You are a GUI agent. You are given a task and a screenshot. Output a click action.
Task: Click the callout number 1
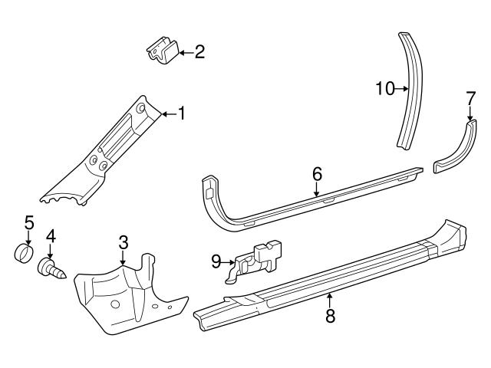pyautogui.click(x=182, y=114)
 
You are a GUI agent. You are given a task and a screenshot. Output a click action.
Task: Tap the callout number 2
pyautogui.click(x=199, y=52)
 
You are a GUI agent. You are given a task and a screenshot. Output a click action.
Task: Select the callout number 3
pyautogui.click(x=124, y=242)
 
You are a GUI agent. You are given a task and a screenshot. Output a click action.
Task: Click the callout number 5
pyautogui.click(x=29, y=223)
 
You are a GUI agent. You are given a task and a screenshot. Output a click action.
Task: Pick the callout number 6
pyautogui.click(x=317, y=175)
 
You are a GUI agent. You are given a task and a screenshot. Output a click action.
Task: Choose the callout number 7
pyautogui.click(x=470, y=97)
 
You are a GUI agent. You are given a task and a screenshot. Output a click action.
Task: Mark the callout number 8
pyautogui.click(x=331, y=315)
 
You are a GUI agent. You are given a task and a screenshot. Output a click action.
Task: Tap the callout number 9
pyautogui.click(x=216, y=261)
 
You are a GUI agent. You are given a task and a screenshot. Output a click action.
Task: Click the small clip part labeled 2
pyautogui.click(x=163, y=52)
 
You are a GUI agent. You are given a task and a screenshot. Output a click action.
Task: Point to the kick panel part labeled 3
pyautogui.click(x=127, y=295)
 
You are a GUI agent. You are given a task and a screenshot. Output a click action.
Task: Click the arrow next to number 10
pyautogui.click(x=402, y=89)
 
